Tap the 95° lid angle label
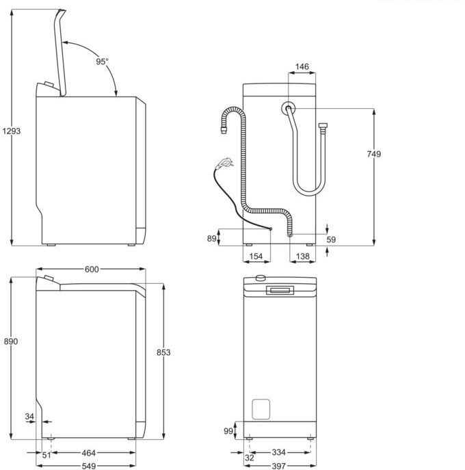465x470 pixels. [x=102, y=61]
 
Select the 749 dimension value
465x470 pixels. [x=374, y=154]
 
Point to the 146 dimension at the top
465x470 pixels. [x=302, y=67]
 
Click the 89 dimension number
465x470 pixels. [x=211, y=238]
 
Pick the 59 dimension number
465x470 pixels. [x=331, y=239]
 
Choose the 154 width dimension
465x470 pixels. [x=256, y=256]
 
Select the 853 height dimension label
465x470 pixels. [x=163, y=352]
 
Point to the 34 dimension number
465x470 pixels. [x=29, y=415]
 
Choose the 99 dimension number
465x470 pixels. [x=228, y=431]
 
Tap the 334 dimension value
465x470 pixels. [x=278, y=453]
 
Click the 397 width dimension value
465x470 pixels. [x=278, y=465]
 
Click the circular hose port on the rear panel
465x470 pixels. [x=289, y=108]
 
